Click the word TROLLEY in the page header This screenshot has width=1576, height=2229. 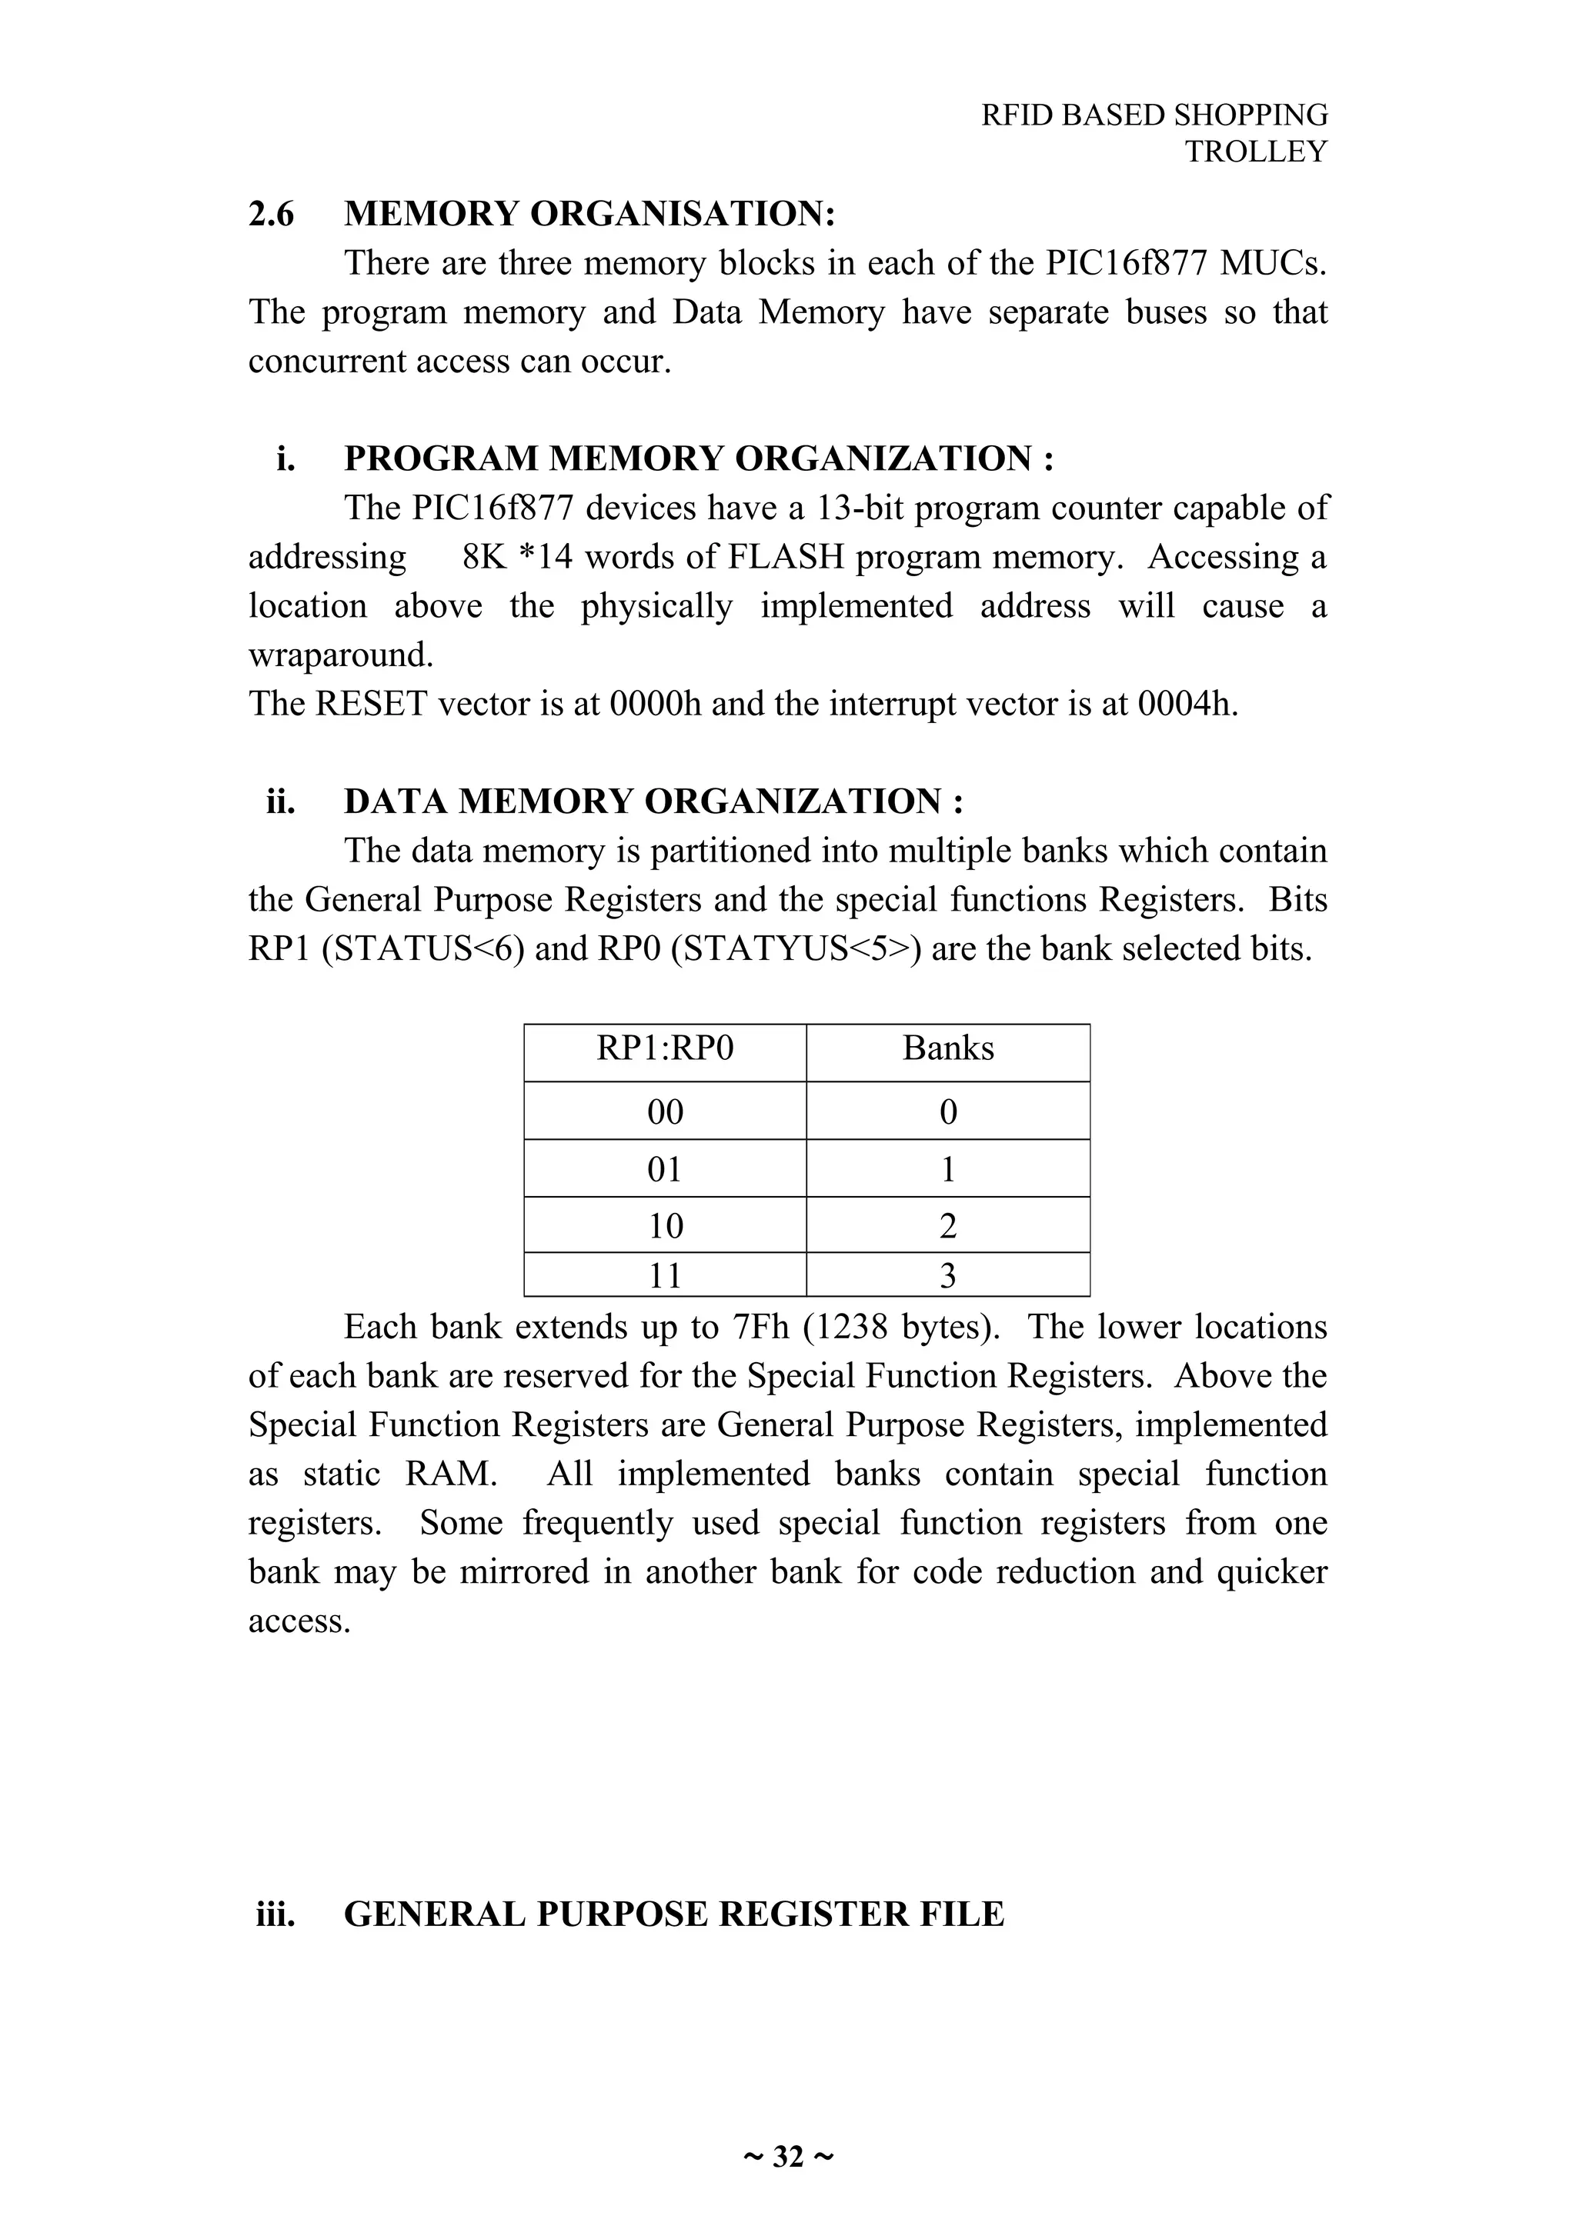click(1256, 152)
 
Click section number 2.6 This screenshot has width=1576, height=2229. click(271, 214)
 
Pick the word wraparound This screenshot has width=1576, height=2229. click(340, 655)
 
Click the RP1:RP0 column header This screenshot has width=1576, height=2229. click(664, 1048)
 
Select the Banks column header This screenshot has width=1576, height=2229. click(948, 1048)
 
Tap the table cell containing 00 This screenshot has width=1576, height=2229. click(664, 1111)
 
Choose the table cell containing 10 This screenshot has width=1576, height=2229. click(664, 1226)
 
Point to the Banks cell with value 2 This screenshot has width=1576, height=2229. click(948, 1226)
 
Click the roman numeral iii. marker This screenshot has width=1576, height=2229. click(275, 1914)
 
